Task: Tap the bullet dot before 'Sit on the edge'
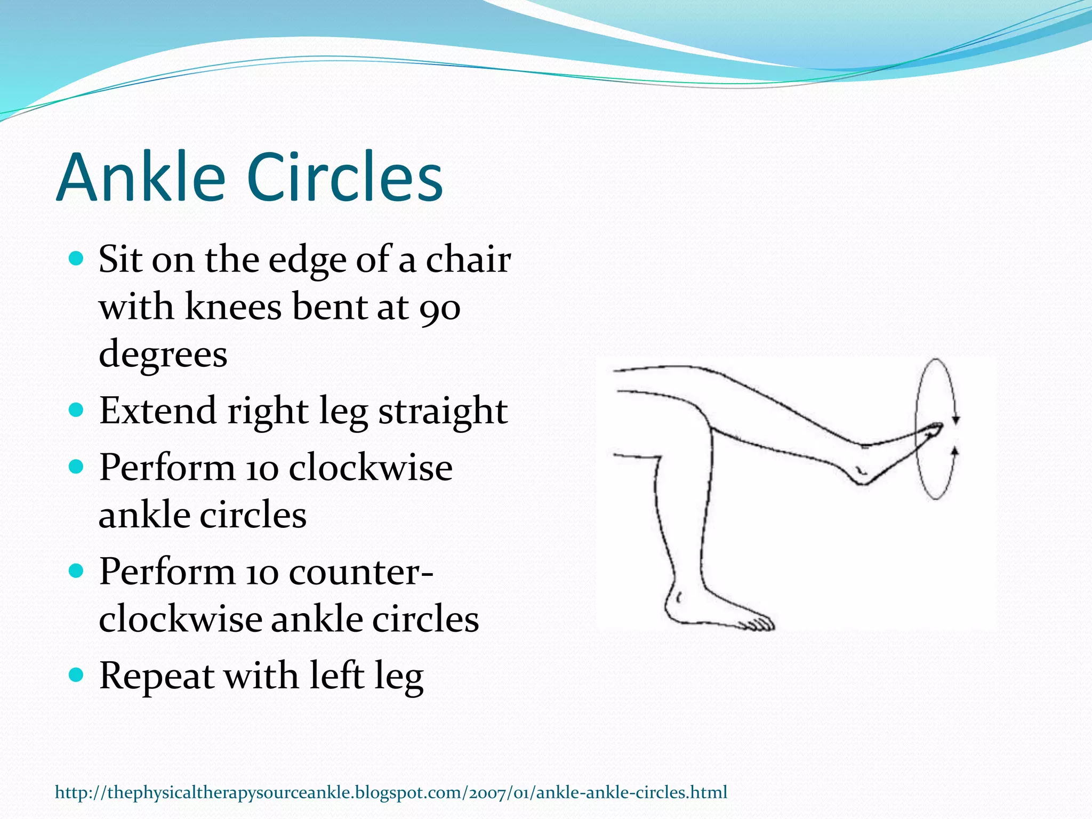click(77, 260)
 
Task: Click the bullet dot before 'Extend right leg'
click(77, 410)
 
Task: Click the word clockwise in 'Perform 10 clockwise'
click(371, 468)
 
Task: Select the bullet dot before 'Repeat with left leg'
click(77, 675)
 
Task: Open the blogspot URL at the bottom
click(391, 792)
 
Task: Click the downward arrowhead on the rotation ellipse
click(956, 420)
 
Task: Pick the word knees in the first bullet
click(232, 308)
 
